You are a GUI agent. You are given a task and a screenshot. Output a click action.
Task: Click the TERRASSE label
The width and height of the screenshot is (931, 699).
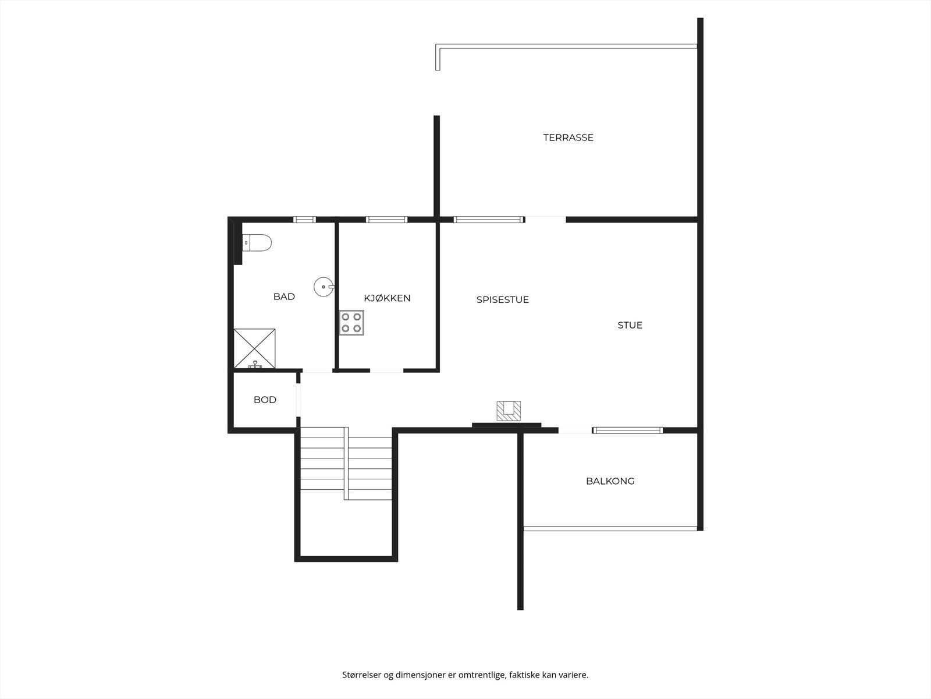coord(568,137)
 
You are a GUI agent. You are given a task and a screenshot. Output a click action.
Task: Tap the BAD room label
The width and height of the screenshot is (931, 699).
coord(284,296)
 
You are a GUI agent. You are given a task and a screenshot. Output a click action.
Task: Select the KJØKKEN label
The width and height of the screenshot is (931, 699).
coord(387,298)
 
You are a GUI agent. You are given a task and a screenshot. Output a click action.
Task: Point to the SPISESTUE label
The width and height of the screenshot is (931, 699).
coord(502,299)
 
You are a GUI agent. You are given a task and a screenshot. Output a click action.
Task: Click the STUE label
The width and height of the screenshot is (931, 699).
coord(630,325)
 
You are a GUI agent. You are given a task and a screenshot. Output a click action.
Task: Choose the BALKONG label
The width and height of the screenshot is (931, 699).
coord(610,481)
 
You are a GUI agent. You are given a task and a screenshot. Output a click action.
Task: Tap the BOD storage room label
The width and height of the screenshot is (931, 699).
coord(265,400)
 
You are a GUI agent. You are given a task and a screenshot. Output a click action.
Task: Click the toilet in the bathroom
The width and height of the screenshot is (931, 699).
coord(257,242)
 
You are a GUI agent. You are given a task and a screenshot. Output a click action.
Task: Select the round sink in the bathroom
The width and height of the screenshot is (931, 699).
coord(324,287)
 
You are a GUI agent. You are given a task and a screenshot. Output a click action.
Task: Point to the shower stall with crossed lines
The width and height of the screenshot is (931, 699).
coord(255,348)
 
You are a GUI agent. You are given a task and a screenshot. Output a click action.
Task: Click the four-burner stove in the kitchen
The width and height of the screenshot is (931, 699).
coord(352,323)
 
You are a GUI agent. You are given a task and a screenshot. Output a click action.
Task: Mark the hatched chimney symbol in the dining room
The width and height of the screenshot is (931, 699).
coord(509,411)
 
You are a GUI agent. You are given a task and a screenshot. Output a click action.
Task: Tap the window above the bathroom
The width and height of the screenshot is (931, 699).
coord(304,220)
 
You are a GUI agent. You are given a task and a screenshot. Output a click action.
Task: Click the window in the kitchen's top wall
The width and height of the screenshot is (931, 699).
coord(386,220)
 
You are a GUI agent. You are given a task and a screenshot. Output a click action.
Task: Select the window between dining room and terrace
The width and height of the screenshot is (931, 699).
coord(487,220)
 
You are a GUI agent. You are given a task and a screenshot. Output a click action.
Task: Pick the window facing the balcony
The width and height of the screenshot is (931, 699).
coord(627,430)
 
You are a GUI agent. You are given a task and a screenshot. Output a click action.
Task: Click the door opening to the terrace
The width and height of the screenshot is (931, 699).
coord(545,220)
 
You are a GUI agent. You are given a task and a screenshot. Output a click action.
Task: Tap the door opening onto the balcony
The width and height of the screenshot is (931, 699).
coord(575,430)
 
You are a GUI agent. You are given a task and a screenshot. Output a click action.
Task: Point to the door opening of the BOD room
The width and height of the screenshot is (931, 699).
coord(298,400)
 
